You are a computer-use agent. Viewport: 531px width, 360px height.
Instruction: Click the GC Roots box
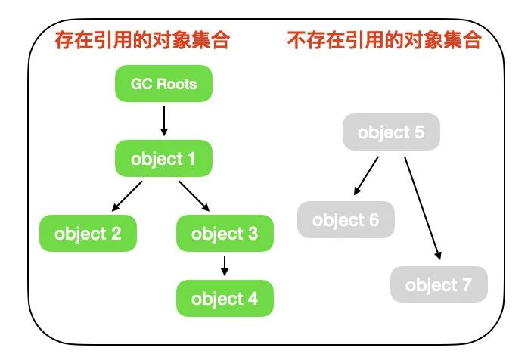164,84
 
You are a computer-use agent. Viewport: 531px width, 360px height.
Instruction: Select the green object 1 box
164,159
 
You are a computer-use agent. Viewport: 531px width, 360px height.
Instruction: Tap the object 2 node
88,234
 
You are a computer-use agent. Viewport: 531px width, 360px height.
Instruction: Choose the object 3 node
225,234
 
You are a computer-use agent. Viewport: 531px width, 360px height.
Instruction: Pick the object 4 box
225,299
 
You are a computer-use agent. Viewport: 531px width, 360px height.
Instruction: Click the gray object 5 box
392,132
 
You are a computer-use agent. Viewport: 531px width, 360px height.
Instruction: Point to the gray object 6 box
346,220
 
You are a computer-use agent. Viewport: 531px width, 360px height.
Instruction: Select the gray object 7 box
439,284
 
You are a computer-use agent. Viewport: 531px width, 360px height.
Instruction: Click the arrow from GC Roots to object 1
164,121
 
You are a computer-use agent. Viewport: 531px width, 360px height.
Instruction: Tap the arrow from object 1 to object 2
127,196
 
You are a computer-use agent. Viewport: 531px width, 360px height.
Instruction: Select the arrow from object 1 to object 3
194,196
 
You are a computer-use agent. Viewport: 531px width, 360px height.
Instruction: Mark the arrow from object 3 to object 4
225,266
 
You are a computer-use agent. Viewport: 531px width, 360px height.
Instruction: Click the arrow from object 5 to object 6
366,175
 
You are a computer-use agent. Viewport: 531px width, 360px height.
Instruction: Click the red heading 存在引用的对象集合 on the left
142,40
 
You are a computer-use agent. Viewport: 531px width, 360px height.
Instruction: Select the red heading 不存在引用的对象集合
384,40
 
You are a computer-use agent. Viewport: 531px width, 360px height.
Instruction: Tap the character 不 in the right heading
297,40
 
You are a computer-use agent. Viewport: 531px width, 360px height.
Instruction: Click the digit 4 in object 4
253,299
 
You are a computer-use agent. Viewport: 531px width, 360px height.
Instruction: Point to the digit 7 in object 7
467,284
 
